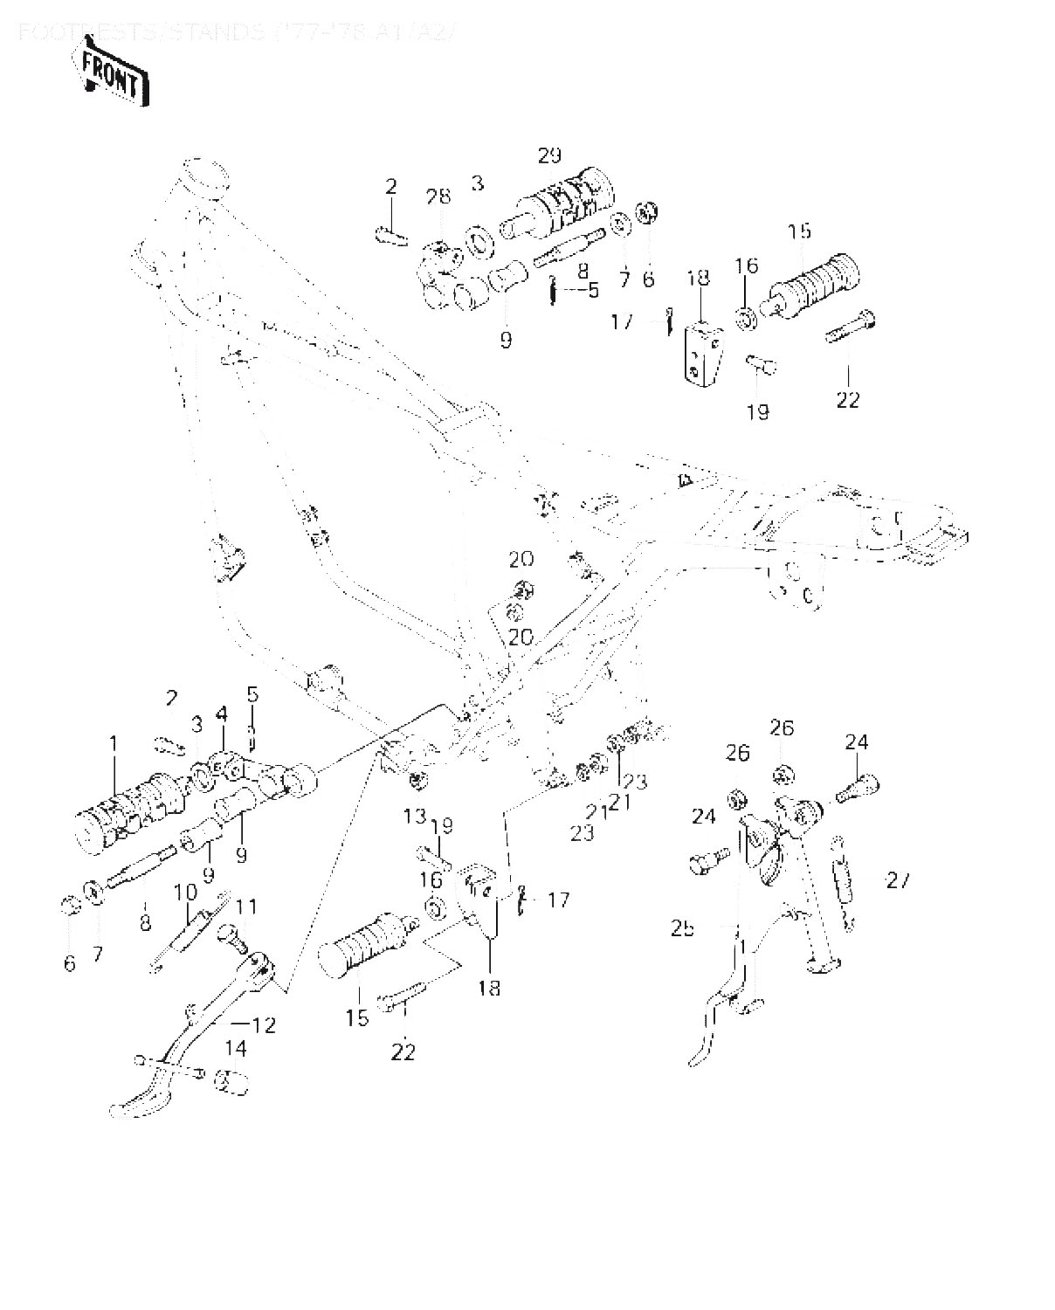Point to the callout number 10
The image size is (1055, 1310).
pyautogui.click(x=186, y=892)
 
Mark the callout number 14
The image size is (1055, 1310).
pyautogui.click(x=236, y=1048)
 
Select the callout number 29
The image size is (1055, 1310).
pyautogui.click(x=549, y=156)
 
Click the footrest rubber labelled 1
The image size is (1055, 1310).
pyautogui.click(x=122, y=811)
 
